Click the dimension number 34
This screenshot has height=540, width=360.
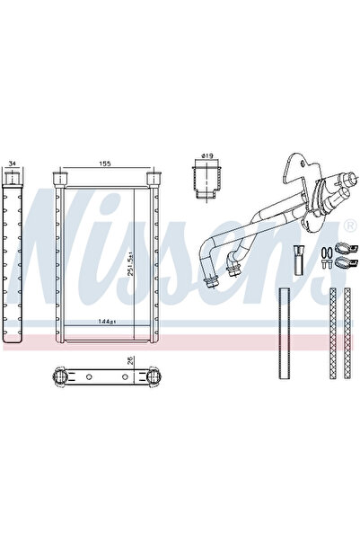12,163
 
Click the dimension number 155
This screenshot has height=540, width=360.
105,164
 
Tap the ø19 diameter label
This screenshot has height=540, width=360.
206,155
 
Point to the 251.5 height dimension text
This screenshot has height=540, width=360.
130,263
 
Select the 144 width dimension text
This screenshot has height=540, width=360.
107,322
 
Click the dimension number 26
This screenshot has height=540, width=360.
130,361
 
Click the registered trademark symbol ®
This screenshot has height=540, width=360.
349,226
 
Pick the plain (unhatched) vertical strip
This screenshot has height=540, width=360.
284,333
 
